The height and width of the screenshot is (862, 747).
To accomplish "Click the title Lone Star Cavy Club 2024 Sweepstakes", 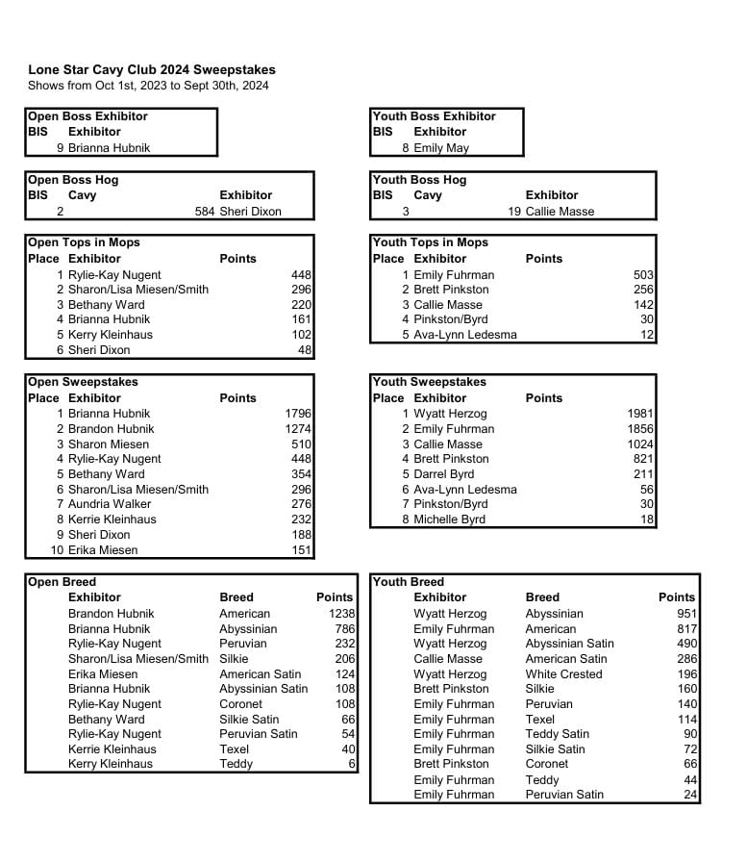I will pos(151,70).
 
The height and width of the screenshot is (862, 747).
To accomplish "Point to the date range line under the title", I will pos(148,86).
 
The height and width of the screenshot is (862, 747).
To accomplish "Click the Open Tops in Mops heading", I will pos(84,242).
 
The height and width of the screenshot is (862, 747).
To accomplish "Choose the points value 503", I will pos(643,275).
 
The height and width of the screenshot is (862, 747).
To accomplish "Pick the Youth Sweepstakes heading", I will pos(430,382).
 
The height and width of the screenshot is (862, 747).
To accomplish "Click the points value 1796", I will pos(298,414).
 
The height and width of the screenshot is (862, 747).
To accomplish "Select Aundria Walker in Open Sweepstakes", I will pos(110,504).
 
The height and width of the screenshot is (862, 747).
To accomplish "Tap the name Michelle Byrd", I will pos(449,520).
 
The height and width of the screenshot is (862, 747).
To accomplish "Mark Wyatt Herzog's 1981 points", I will pos(640,414).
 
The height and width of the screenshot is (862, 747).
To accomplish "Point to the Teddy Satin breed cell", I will pos(557,734).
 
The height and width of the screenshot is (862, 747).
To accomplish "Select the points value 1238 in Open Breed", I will pos(341,614).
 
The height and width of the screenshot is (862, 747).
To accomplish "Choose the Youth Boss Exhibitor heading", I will pos(434,116).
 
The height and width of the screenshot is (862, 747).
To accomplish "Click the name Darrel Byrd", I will pos(445,474).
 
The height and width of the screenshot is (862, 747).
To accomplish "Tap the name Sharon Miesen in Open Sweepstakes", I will pos(109,444).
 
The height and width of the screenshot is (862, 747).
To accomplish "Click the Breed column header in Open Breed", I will pos(237,597).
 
